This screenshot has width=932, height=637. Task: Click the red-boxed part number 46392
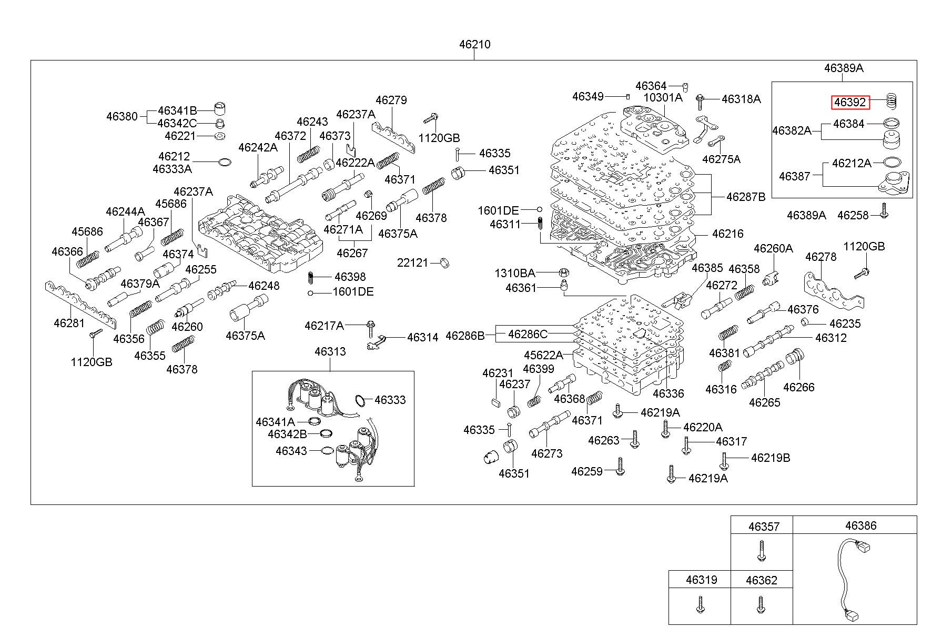850,103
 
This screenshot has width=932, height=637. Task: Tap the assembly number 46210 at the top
474,44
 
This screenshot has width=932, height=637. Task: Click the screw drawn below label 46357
761,551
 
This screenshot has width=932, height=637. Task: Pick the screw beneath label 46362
761,604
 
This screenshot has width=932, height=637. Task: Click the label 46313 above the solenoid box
330,351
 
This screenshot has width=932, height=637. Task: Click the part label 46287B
746,197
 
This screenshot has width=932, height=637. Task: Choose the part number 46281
69,322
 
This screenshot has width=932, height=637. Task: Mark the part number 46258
853,215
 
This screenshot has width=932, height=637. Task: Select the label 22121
412,262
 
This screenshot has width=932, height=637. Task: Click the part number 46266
798,387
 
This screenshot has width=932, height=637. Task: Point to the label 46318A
741,99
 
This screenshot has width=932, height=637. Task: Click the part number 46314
422,337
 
